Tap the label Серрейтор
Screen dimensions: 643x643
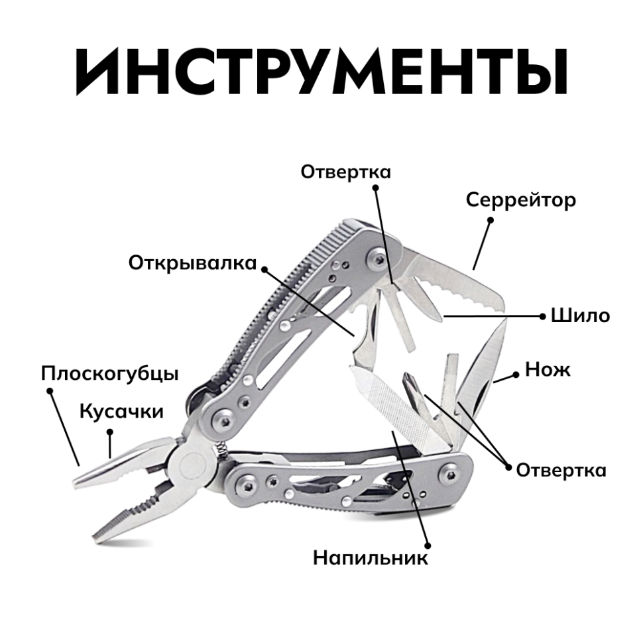coord(520,200)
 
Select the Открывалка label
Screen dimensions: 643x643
coord(192,263)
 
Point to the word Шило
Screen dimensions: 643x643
coord(580,316)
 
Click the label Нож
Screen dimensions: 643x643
coord(548,369)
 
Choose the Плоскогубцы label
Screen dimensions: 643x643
coord(109,373)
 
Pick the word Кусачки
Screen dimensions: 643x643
coord(121,411)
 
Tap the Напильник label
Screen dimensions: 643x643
coord(371,557)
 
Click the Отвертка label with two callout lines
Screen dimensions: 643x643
coord(561,470)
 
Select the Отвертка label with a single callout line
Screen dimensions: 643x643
coord(345,172)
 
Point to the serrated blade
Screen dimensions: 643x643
coord(457,282)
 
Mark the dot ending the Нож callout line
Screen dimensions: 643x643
coord(515,375)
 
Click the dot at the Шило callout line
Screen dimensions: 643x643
coord(543,316)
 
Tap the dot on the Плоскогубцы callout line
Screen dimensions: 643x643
coord(50,391)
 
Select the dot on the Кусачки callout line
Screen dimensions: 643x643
coord(111,431)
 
